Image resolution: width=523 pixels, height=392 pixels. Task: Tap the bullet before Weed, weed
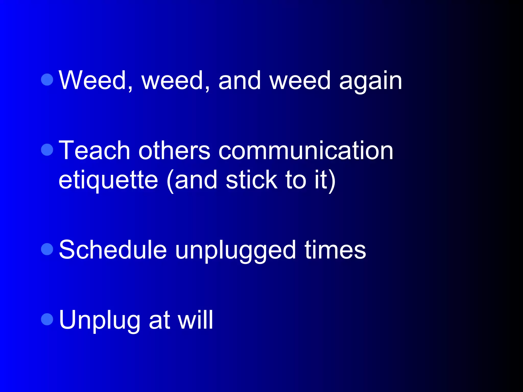click(x=47, y=79)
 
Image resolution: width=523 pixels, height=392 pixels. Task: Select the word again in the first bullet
click(x=370, y=82)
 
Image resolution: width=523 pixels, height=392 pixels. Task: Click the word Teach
click(x=94, y=151)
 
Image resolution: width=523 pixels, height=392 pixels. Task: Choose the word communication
click(x=306, y=151)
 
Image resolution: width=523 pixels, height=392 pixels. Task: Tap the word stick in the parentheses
click(x=252, y=180)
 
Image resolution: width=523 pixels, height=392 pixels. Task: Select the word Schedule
click(x=113, y=250)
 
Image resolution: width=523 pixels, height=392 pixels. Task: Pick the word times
click(x=335, y=250)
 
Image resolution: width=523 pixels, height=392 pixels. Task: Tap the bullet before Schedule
click(x=47, y=249)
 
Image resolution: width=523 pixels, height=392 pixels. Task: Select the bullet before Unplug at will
click(x=47, y=319)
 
